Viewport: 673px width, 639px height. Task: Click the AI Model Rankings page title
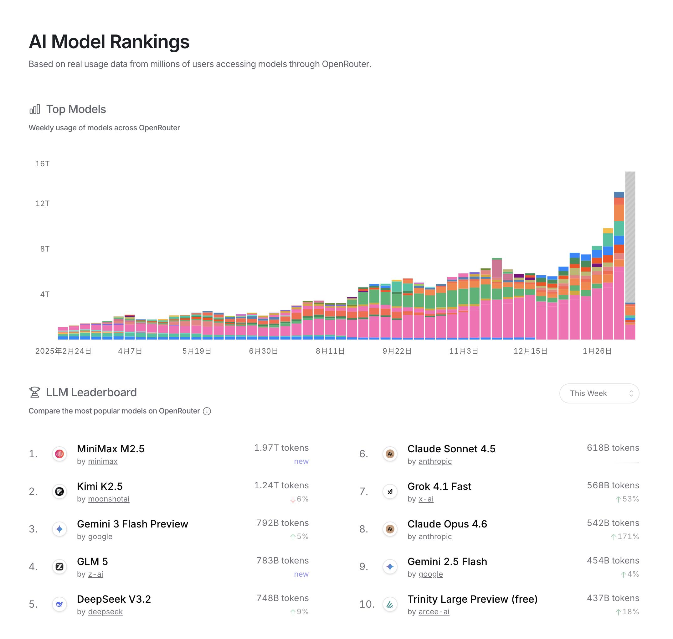[x=109, y=42]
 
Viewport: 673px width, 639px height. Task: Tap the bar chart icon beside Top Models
[x=35, y=109]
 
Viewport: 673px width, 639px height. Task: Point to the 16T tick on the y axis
[x=43, y=164]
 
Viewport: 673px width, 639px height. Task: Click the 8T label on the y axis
[x=44, y=249]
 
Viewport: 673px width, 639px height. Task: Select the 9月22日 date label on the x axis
[x=397, y=351]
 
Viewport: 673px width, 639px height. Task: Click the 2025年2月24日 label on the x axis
[x=63, y=351]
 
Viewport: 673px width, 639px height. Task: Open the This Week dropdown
[x=599, y=393]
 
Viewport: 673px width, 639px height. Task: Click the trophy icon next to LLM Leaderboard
[x=35, y=392]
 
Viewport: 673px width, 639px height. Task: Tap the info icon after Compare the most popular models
[x=207, y=412]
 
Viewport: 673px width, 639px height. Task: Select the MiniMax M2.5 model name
[x=110, y=449]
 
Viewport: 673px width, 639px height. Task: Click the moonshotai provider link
[x=109, y=499]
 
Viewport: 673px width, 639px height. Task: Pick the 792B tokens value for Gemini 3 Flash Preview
[x=282, y=523]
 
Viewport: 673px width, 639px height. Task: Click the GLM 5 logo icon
[x=59, y=566]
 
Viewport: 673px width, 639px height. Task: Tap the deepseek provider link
[x=105, y=612]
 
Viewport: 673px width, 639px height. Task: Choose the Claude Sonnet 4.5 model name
[x=451, y=449]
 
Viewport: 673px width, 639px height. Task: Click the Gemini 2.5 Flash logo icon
[x=390, y=566]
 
